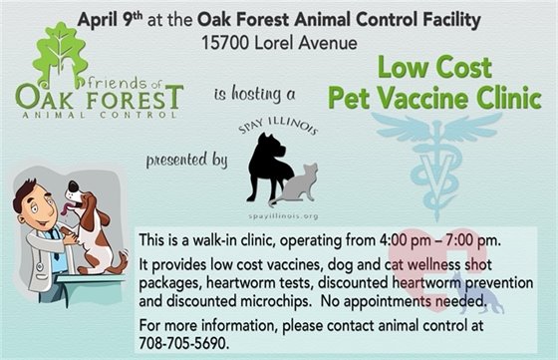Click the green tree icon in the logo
point(61,54)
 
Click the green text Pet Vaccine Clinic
point(454,101)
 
